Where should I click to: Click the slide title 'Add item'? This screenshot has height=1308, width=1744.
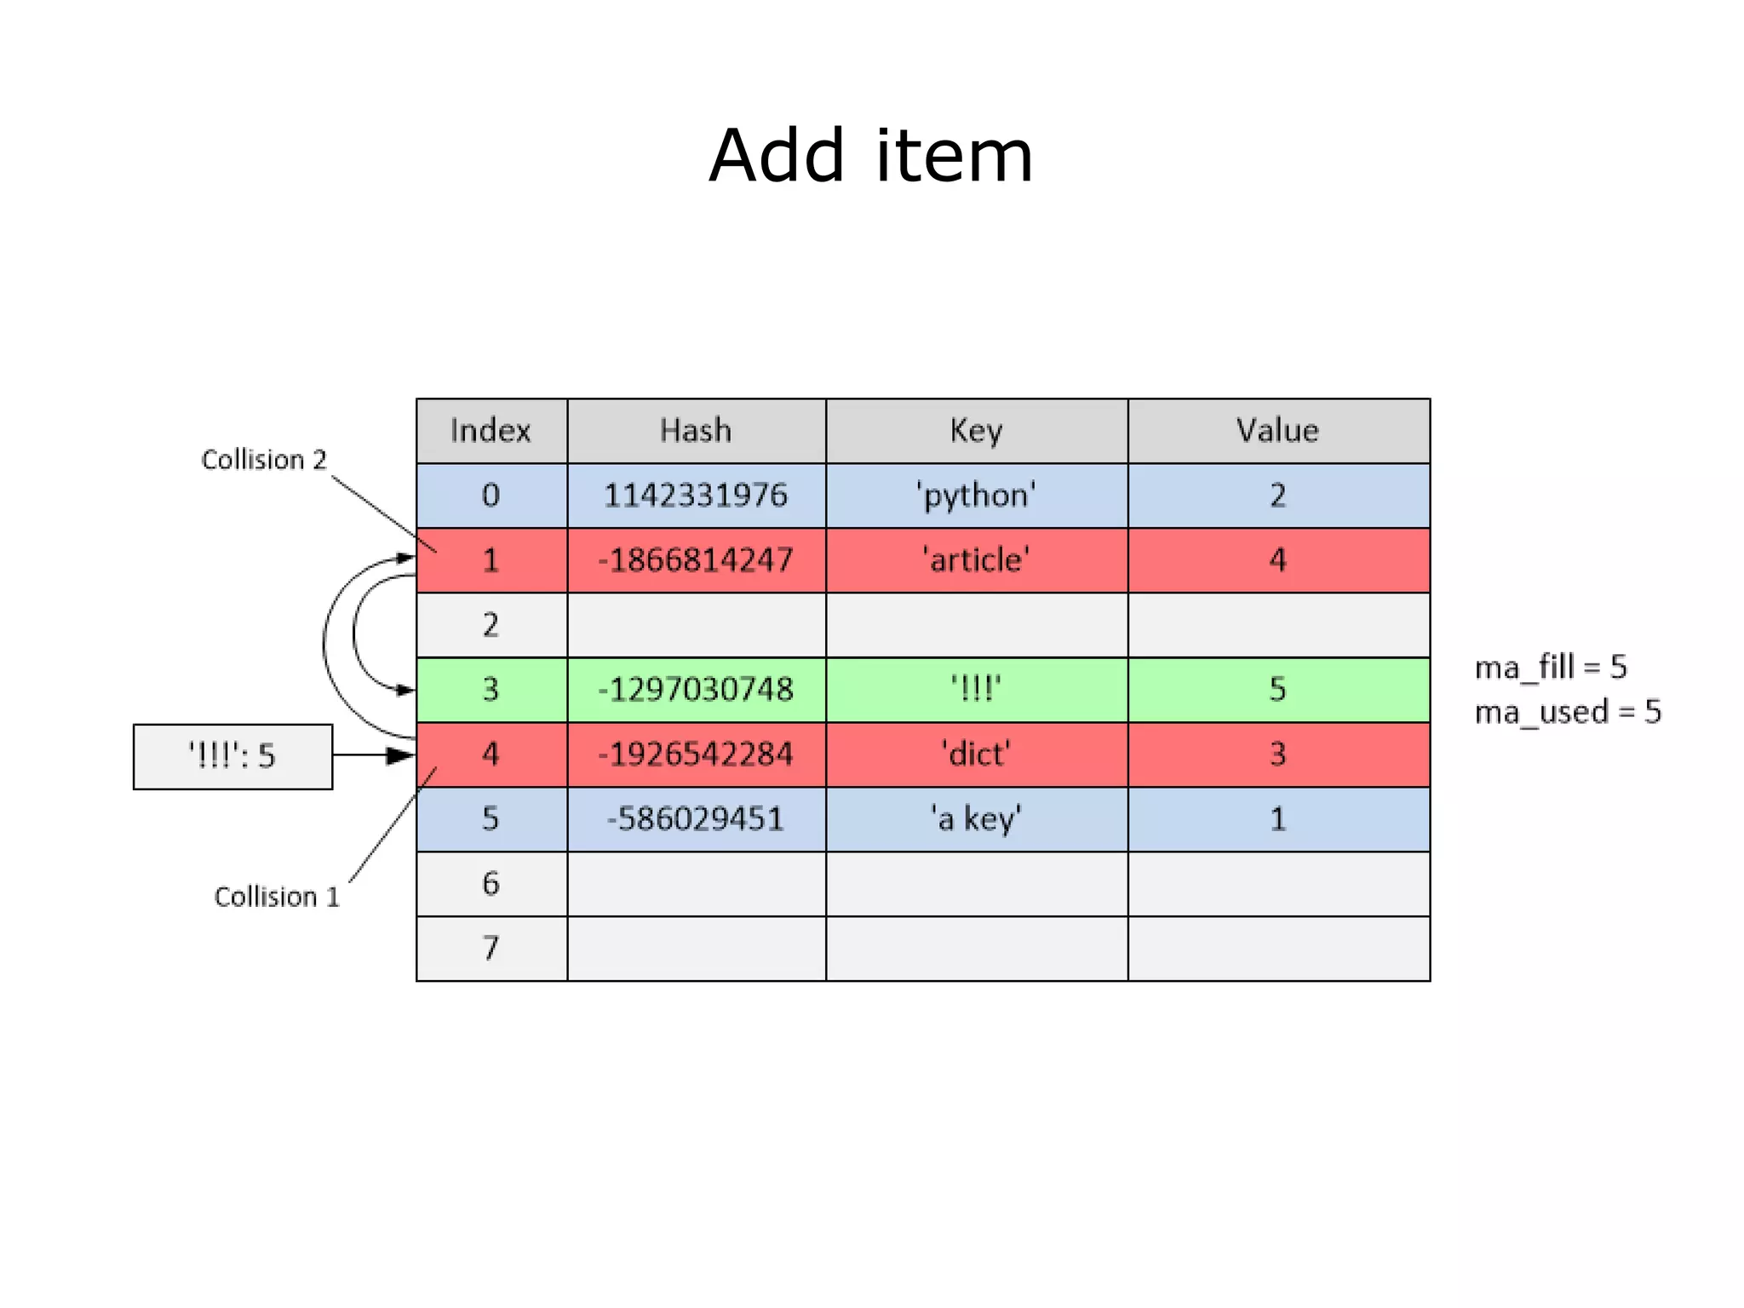click(871, 156)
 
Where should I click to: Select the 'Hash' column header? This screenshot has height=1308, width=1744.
click(696, 431)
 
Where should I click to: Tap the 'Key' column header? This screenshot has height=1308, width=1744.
click(976, 431)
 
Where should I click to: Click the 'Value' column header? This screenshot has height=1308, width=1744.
click(1277, 431)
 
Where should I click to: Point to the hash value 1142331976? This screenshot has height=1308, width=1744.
click(696, 496)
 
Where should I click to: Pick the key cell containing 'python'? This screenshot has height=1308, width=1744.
click(976, 496)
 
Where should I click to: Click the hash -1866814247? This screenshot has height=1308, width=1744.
click(696, 560)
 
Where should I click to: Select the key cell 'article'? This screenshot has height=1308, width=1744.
click(976, 560)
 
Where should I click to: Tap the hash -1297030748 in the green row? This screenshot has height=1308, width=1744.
click(696, 690)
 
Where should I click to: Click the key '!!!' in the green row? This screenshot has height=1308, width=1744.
click(976, 690)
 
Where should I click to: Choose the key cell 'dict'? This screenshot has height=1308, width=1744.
click(976, 754)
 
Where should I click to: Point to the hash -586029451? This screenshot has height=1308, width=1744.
click(696, 819)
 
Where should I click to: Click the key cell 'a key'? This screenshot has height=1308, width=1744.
click(976, 819)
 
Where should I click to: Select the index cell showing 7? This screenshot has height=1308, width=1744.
click(491, 949)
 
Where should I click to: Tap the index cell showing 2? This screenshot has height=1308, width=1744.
click(491, 625)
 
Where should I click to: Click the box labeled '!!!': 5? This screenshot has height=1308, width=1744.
click(232, 756)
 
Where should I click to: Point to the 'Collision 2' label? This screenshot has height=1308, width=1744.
click(264, 460)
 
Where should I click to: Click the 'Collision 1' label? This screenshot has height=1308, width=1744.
click(277, 897)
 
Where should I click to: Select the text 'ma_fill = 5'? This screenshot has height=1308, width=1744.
click(1551, 668)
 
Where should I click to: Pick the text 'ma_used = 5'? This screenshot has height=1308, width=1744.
click(1568, 712)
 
